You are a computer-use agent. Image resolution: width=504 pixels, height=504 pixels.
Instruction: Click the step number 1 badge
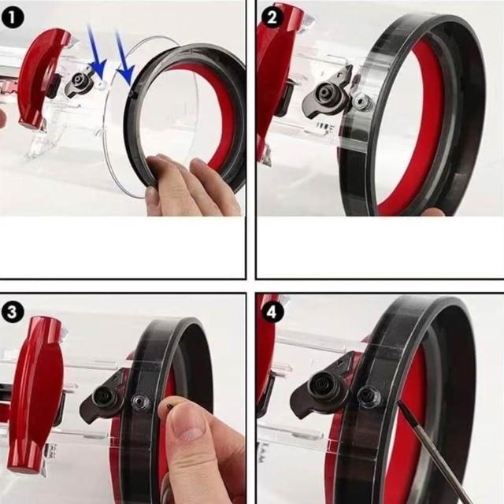tap(13, 17)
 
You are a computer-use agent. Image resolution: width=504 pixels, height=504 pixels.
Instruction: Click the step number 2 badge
tap(272, 17)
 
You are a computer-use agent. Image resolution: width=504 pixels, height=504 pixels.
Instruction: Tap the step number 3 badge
tap(13, 313)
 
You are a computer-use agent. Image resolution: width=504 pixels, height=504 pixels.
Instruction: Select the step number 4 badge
tap(272, 312)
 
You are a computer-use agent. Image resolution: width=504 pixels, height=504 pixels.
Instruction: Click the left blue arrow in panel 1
tap(96, 51)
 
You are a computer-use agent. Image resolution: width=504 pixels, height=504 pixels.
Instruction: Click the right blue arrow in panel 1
tap(124, 57)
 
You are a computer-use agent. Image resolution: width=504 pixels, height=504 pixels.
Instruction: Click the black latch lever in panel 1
tap(79, 83)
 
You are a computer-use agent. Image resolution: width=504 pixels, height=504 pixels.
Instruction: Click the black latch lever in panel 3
tap(102, 399)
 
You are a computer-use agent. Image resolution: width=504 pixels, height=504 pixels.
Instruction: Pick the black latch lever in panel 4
tap(321, 388)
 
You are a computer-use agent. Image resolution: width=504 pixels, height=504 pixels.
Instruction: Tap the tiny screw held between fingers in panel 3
tap(171, 406)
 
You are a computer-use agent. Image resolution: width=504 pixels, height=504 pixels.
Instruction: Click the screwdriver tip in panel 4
tap(399, 402)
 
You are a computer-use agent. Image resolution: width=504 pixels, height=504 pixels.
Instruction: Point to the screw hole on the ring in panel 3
tap(140, 401)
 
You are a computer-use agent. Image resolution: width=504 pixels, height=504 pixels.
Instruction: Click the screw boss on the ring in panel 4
tap(369, 395)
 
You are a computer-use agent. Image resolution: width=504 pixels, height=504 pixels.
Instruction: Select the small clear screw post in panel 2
tap(362, 102)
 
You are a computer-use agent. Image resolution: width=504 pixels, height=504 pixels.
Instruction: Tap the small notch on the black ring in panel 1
tap(133, 94)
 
